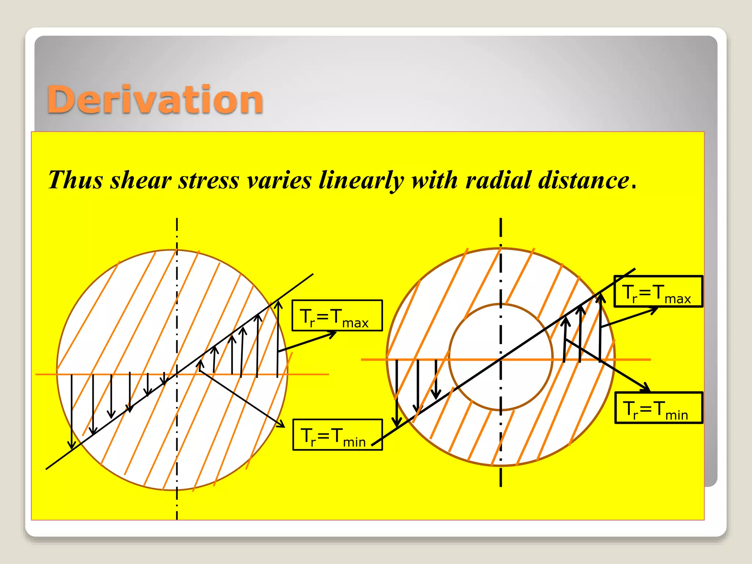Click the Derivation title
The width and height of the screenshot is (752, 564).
[155, 100]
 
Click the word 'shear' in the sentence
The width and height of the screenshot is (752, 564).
[141, 180]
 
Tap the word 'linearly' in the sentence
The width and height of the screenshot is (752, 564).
[361, 180]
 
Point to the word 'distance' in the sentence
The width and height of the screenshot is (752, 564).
[584, 180]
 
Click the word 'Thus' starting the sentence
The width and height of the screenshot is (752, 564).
[75, 180]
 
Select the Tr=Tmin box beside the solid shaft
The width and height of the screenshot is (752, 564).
[337, 435]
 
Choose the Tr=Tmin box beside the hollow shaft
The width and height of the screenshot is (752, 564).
[658, 408]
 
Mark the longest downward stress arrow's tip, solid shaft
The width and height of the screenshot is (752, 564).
[72, 447]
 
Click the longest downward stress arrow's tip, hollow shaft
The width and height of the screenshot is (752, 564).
[397, 426]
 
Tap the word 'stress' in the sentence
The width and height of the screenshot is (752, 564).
[209, 180]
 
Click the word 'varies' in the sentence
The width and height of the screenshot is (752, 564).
[279, 180]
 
